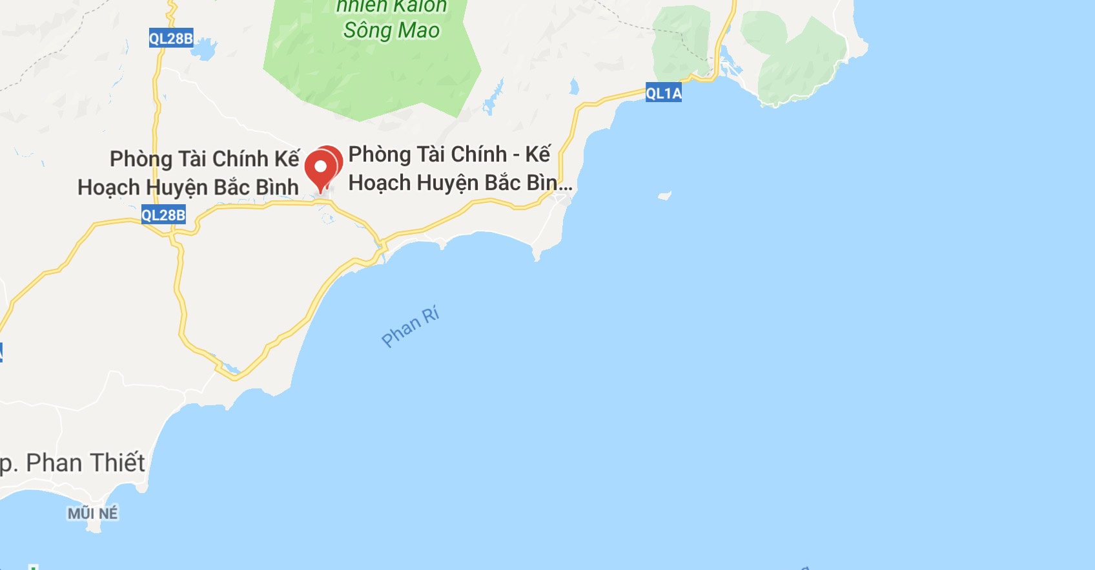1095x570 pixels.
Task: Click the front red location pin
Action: tap(320, 167)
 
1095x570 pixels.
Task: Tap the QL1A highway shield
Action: tap(664, 93)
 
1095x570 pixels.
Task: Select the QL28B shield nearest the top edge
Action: tap(170, 38)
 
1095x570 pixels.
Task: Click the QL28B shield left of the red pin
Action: tap(163, 215)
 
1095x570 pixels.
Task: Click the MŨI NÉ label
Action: tap(93, 513)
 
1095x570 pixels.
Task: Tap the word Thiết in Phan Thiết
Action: tap(118, 463)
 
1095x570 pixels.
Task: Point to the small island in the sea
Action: tap(664, 195)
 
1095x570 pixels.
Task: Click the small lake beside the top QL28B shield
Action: tap(205, 49)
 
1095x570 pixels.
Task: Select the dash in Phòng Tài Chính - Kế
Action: tap(516, 155)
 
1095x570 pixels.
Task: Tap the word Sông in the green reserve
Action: tap(367, 30)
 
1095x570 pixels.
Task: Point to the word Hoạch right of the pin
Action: tap(379, 183)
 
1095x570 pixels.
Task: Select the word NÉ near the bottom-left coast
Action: tap(108, 513)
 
